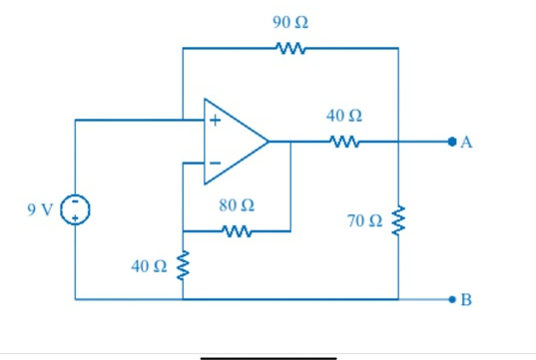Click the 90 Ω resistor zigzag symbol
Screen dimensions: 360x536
click(289, 48)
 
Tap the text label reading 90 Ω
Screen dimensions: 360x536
click(289, 21)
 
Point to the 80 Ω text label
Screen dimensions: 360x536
click(236, 207)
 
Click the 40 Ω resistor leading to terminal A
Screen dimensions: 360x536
click(343, 142)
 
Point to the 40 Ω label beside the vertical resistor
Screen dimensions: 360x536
click(149, 266)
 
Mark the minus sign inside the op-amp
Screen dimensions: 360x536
click(213, 162)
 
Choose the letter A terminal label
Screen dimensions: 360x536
click(467, 143)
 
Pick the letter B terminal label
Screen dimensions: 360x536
click(467, 298)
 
